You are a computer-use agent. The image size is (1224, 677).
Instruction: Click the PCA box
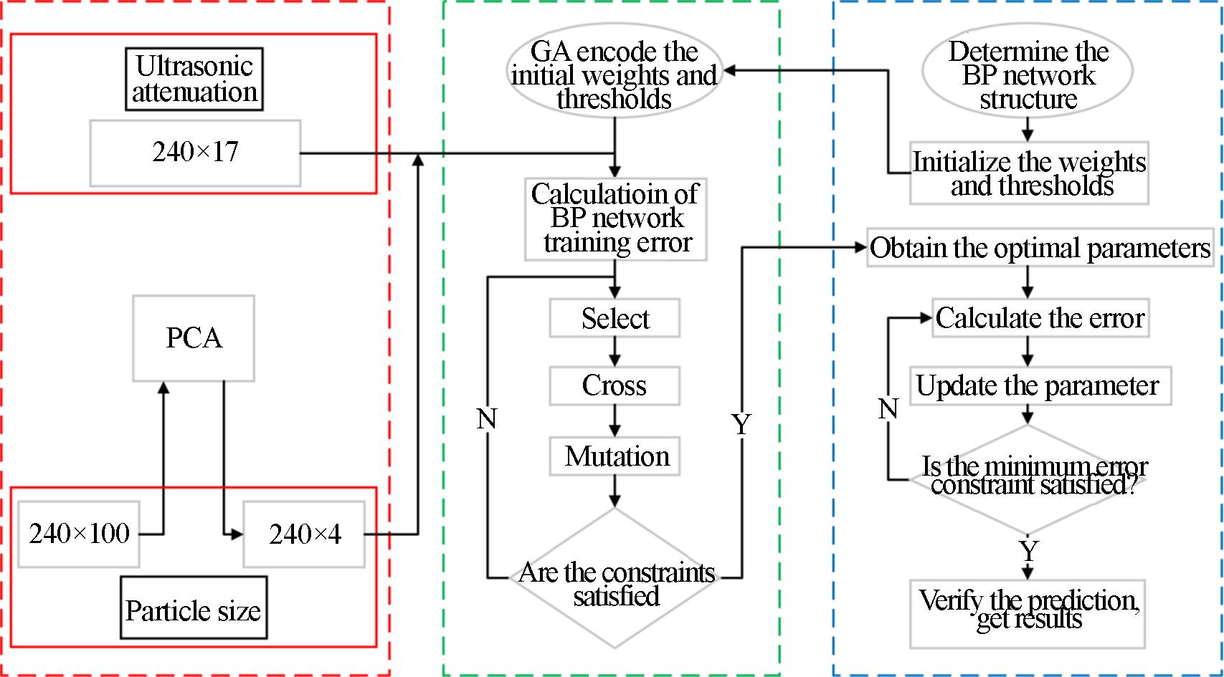[194, 337]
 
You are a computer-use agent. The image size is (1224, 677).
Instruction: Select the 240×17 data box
[195, 153]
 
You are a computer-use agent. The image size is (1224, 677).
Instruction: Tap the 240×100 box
[79, 534]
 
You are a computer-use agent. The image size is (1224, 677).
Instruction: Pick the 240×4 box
[304, 534]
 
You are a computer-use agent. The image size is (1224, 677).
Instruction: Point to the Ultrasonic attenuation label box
[194, 79]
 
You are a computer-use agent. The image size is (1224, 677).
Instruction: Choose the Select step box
[615, 318]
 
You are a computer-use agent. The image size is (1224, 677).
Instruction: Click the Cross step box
[615, 385]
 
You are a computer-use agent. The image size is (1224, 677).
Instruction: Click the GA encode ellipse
[614, 74]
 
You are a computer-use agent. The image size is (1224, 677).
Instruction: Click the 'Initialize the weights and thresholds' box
[1029, 173]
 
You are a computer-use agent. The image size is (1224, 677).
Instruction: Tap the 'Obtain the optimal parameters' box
[1040, 248]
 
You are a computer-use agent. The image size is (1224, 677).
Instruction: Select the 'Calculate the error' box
[1040, 318]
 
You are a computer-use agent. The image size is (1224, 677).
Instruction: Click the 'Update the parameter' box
[1040, 386]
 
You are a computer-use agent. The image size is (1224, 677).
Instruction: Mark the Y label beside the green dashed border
[741, 424]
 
